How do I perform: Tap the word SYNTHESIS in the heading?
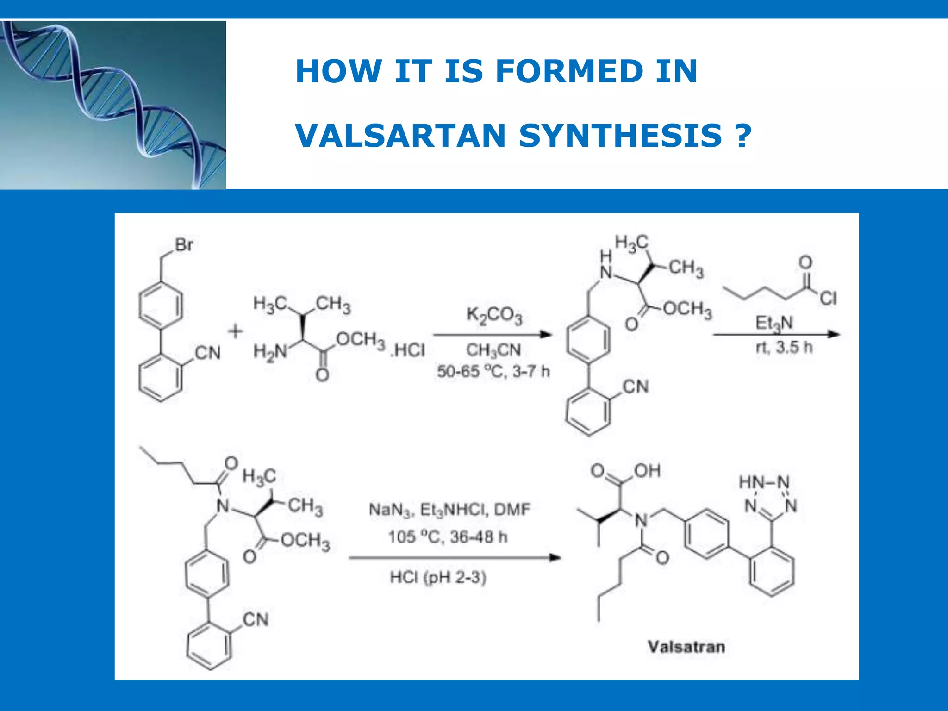(620, 136)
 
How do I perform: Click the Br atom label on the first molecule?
(184, 244)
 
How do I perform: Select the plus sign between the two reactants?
(235, 331)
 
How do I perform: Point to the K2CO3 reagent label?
(494, 316)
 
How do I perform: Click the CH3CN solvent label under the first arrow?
(493, 350)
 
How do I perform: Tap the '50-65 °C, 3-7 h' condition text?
(493, 371)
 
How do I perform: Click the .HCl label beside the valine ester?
(408, 350)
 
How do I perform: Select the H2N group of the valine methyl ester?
(270, 352)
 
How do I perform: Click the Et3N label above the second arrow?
(774, 323)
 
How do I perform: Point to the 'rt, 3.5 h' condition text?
(784, 347)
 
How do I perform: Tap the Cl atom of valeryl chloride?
(828, 298)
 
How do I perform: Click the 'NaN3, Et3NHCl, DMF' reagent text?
(449, 510)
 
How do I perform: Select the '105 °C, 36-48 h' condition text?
(448, 537)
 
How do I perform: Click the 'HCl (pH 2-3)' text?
(438, 578)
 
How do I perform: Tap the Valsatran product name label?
(686, 647)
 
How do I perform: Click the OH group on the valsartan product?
(647, 471)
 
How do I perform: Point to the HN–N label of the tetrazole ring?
(764, 482)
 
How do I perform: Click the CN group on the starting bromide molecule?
(208, 353)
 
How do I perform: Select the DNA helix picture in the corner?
(113, 105)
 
